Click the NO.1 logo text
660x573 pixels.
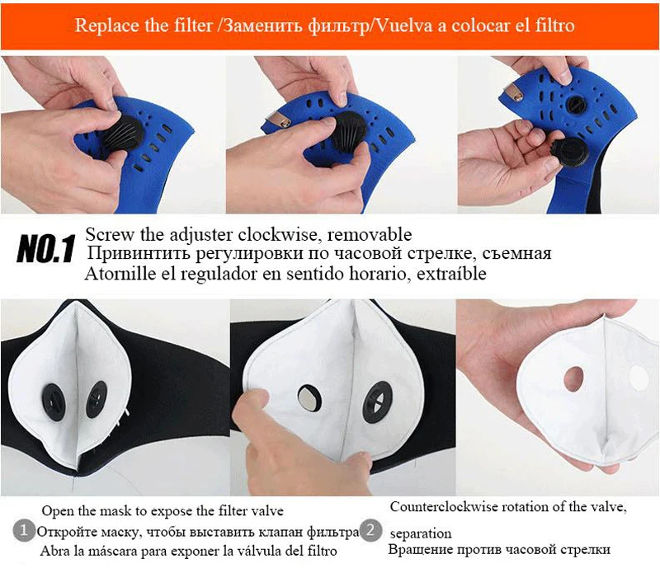point(46,249)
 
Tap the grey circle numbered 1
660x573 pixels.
point(23,529)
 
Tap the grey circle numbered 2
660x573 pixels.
point(370,529)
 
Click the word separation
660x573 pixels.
point(421,533)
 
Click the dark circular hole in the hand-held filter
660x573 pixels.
point(573,378)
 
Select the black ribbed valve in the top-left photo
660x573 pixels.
point(122,134)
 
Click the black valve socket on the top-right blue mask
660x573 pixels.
point(575,104)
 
